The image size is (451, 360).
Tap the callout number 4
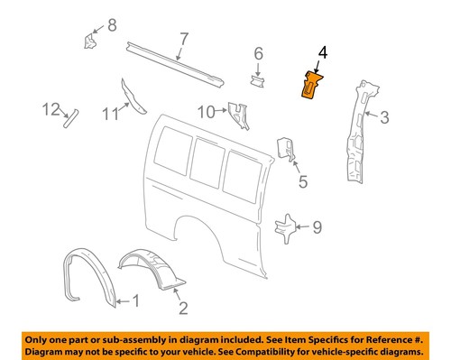[322, 55]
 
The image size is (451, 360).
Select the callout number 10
[207, 111]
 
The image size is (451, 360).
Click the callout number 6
[258, 54]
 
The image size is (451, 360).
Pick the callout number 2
[183, 309]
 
